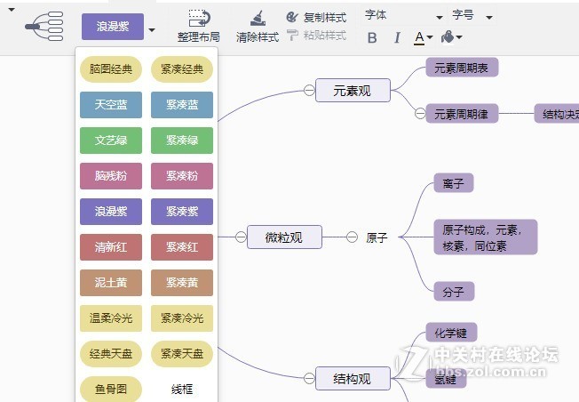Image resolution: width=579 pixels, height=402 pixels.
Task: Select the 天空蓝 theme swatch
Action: (110, 105)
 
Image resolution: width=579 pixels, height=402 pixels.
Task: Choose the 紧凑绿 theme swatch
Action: (181, 141)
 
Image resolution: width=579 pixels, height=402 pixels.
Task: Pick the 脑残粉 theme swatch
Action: (110, 176)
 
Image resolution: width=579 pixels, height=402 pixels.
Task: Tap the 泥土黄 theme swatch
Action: (110, 283)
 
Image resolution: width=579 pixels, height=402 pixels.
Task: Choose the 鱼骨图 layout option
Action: (110, 389)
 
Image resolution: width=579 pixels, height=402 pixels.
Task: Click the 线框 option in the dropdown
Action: (181, 389)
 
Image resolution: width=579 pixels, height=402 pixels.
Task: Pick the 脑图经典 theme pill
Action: (110, 69)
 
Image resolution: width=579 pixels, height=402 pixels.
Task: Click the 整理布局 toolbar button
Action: (198, 27)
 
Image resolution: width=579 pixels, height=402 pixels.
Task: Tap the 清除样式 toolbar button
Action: (257, 27)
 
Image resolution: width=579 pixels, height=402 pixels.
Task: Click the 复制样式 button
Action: (316, 17)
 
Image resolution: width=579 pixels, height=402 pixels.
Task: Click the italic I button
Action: (396, 37)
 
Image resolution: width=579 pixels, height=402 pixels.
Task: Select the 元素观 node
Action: (353, 90)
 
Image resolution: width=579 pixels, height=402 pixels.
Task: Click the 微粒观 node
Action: (284, 237)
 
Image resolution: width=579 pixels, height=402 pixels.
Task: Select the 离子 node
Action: (452, 183)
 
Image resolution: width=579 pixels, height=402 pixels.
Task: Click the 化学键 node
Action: (451, 333)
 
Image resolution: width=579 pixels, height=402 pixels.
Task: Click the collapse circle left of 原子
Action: (352, 237)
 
